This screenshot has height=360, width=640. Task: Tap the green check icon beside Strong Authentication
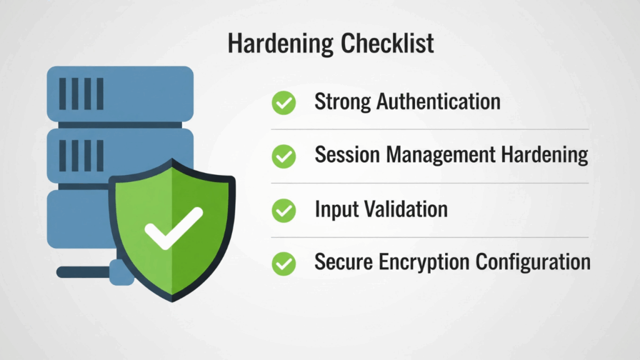point(284,102)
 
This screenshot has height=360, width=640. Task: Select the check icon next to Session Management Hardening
point(284,156)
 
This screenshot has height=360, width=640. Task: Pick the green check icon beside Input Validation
point(284,210)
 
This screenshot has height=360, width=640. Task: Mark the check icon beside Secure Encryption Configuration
point(284,264)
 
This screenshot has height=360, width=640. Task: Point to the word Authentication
point(438,102)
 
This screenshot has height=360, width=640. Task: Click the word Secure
point(342,262)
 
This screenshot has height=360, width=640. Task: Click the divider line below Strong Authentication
point(430,129)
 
